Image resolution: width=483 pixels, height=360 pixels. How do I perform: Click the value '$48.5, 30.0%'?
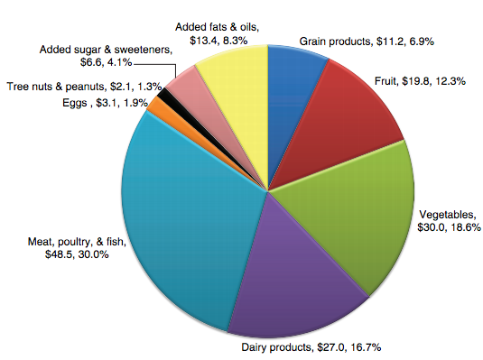coord(79,255)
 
